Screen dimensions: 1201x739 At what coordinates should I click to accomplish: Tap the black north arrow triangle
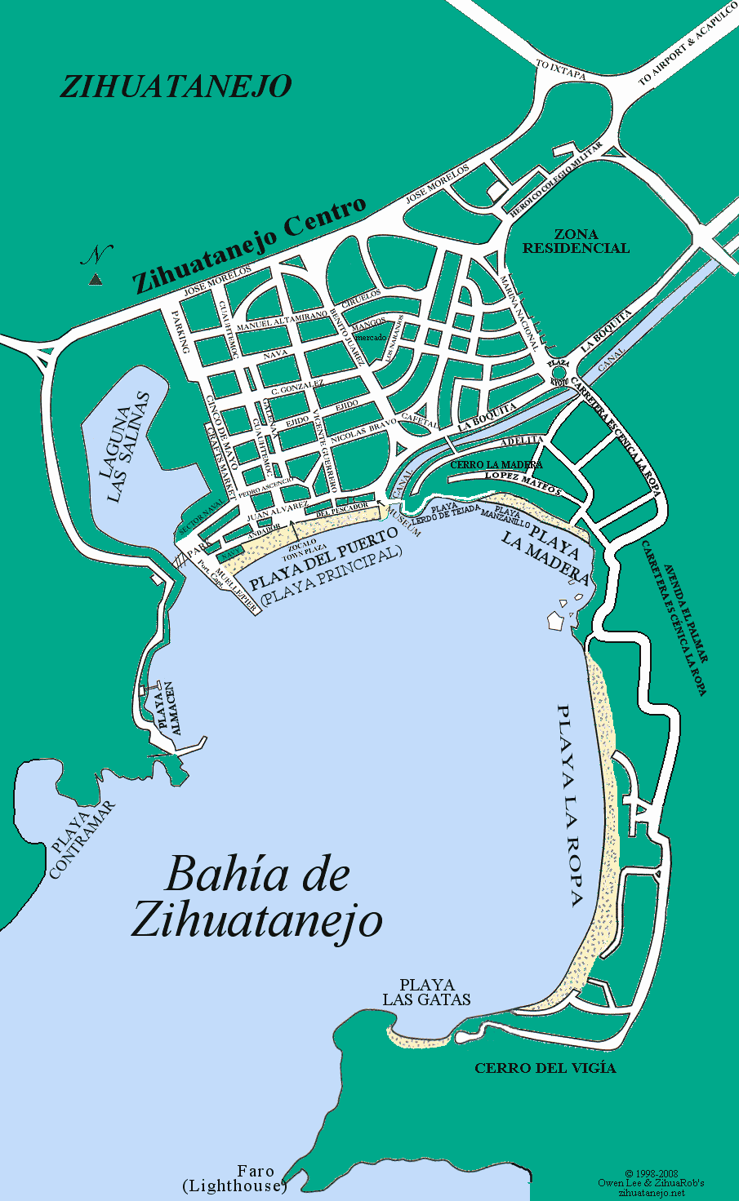point(96,280)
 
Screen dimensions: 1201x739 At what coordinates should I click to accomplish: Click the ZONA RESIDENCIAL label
point(576,242)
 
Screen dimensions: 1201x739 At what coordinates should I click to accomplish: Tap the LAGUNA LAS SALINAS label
point(129,448)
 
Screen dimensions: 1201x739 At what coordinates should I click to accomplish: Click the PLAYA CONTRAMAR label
point(82,840)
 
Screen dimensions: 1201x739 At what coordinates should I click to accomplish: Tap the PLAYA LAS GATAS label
point(427,992)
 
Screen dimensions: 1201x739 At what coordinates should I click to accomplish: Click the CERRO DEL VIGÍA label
point(545,1068)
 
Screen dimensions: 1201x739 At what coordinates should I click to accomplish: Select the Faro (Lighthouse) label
point(234,1178)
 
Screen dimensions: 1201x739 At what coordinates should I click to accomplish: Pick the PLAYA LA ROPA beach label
point(569,804)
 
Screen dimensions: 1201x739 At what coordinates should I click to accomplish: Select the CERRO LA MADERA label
point(496,464)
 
